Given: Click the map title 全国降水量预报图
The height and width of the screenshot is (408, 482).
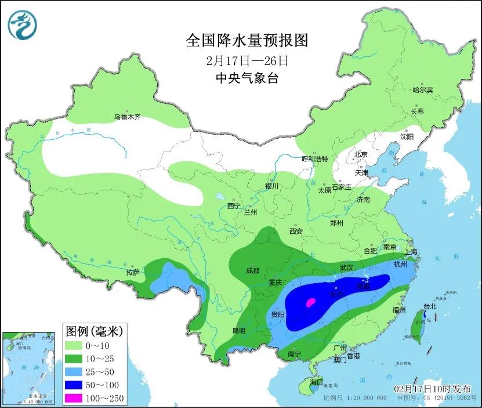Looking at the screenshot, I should pos(247,40).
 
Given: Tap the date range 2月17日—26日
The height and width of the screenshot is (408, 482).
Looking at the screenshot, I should pos(247,60).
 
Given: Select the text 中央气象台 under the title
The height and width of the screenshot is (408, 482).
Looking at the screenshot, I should pos(247,78).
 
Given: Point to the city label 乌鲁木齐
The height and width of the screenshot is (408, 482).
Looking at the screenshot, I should pos(127,117).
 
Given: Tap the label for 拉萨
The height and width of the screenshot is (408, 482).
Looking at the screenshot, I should pos(132,272).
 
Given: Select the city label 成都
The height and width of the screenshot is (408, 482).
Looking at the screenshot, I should pos(252,270).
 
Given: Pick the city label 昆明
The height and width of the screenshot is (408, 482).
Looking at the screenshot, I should pos(239,331).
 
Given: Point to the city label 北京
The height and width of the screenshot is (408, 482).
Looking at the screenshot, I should pos(361,154).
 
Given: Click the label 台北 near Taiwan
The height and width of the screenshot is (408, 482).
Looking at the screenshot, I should pos(430,306).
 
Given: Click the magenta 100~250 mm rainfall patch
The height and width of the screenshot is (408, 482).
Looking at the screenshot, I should pos(311,302).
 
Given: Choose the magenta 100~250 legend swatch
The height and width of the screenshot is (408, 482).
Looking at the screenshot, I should pos(74,398).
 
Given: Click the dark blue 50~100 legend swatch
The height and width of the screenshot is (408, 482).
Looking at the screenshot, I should pos(74,385).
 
